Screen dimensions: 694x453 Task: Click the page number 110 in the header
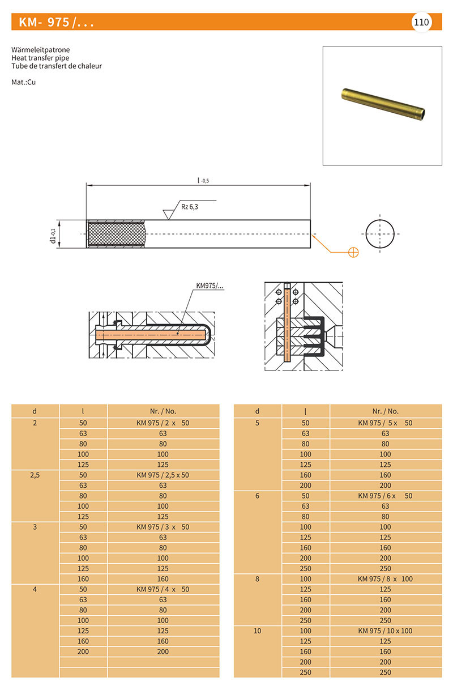point(421,22)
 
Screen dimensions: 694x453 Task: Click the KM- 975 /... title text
point(57,23)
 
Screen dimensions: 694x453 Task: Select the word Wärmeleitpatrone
point(40,50)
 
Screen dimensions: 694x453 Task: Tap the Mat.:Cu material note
point(24,82)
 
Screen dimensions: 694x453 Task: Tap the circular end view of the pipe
point(379,234)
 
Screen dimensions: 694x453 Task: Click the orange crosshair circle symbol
point(353,252)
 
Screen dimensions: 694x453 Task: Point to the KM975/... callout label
point(210,287)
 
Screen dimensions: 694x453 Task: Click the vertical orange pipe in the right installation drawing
point(287,325)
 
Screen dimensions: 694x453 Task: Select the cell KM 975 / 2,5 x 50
point(163,475)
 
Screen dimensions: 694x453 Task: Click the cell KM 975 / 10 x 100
point(386,631)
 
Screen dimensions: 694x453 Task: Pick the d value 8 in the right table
point(258,578)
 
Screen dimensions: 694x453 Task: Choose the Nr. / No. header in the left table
point(163,411)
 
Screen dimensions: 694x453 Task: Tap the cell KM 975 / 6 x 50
point(386,496)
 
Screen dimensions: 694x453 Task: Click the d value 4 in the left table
point(35,589)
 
